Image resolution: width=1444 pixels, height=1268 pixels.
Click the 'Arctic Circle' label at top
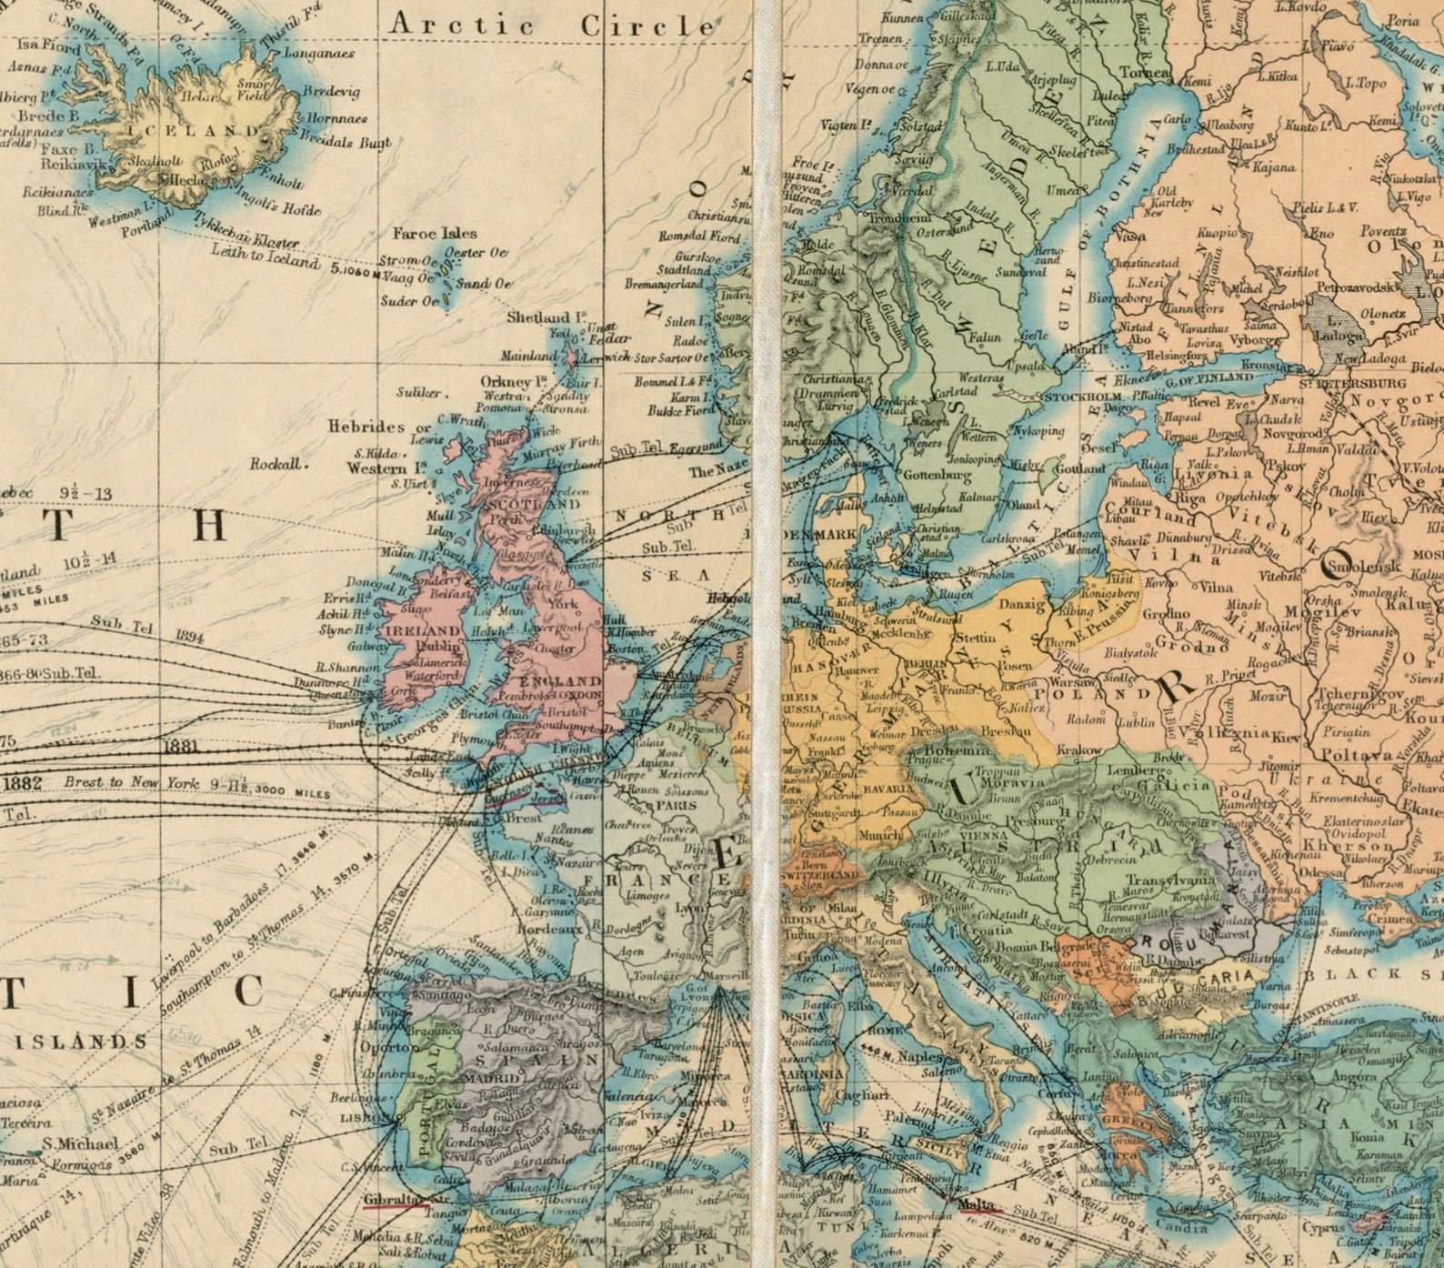[551, 25]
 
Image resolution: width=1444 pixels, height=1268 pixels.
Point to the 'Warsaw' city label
[1069, 680]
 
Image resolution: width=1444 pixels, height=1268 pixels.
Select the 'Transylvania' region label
[1170, 881]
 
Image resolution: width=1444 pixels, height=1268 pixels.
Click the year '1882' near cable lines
[23, 783]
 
